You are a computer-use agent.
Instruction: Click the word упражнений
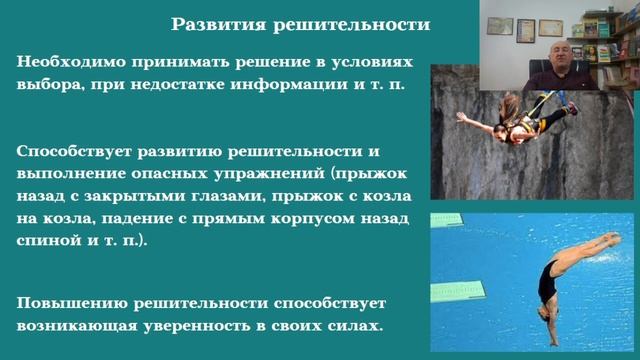click(275, 174)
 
